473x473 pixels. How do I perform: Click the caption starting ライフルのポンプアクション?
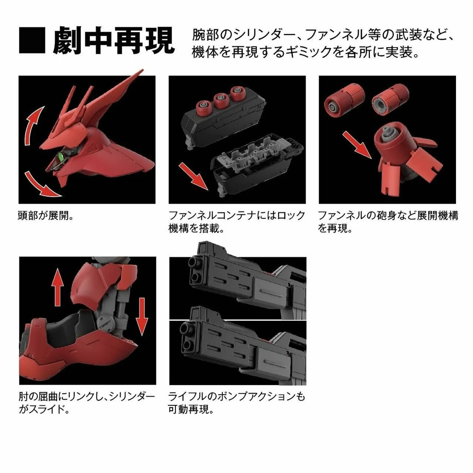[x=237, y=402]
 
